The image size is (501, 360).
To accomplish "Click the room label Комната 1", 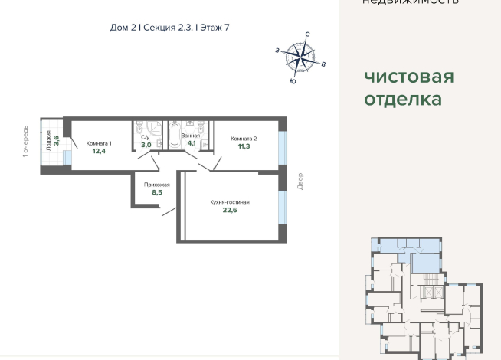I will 99,143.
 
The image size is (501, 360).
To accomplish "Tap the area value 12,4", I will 99,151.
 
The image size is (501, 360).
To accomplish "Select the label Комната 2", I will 244,138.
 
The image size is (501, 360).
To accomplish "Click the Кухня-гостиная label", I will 230,202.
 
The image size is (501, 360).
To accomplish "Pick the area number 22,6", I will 230,212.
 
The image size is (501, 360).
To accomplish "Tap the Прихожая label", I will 157,185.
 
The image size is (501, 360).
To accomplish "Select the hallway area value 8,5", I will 157,193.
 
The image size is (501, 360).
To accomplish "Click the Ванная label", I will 190,136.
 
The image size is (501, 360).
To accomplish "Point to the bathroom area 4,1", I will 191,143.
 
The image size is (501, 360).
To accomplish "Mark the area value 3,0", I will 146,144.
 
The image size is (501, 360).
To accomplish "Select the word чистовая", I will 409,77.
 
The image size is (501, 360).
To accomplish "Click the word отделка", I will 403,99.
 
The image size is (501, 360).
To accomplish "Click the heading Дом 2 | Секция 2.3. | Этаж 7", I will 169,28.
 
